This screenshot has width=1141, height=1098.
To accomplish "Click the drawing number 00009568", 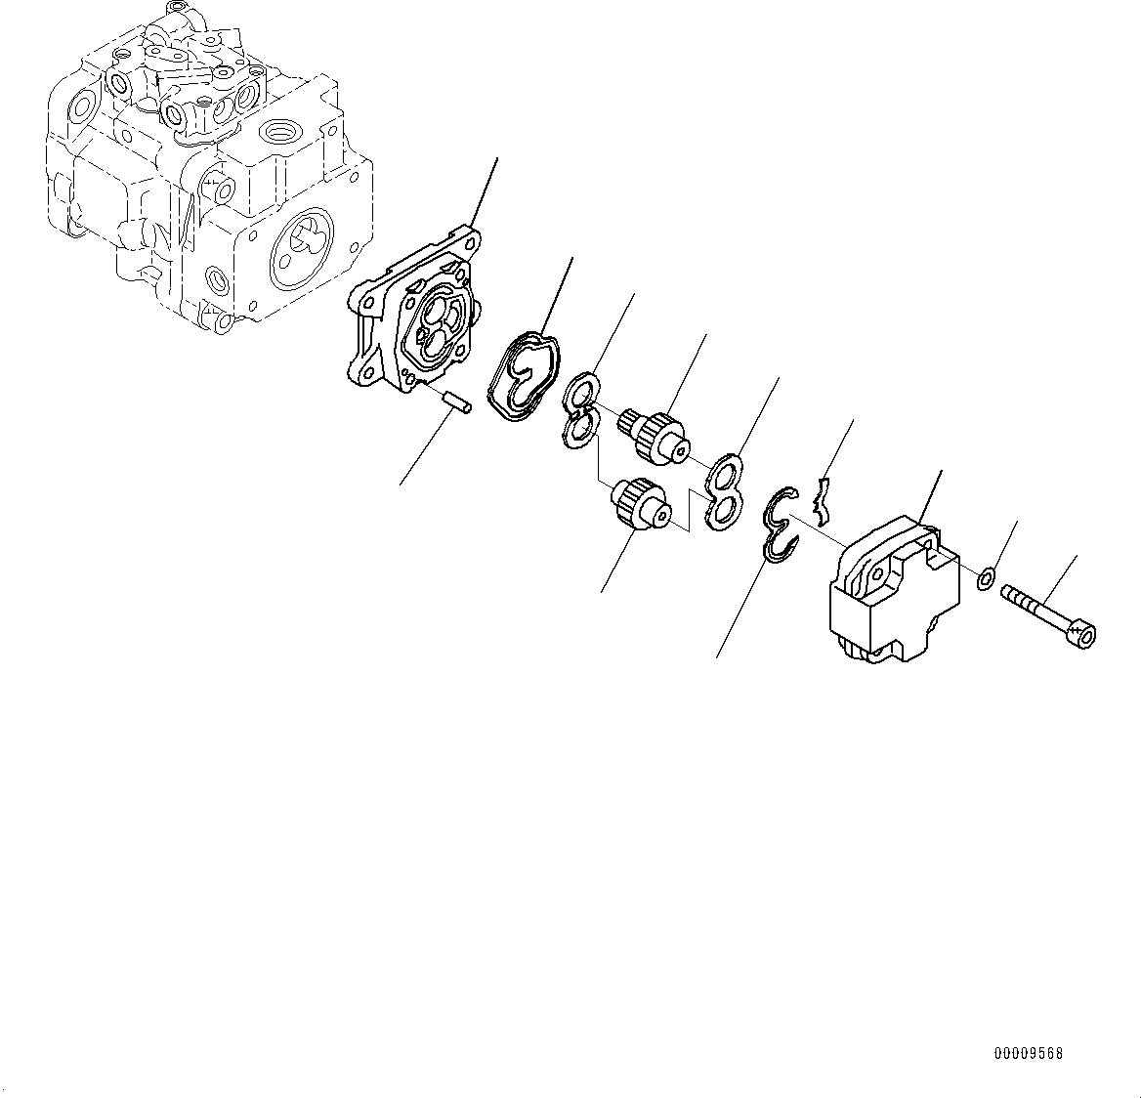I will point(1029,1053).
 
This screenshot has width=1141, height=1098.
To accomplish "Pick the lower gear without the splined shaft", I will point(640,504).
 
